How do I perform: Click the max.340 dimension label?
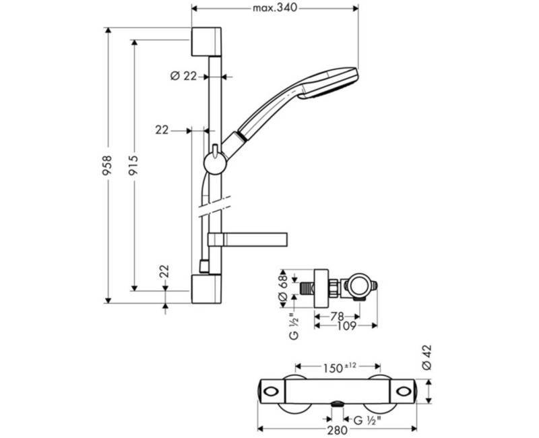click(x=275, y=7)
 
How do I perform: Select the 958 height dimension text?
click(x=108, y=166)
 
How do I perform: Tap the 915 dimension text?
click(x=133, y=165)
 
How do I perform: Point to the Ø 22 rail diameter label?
click(x=183, y=76)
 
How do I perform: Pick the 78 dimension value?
click(x=338, y=316)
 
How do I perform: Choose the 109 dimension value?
click(x=346, y=325)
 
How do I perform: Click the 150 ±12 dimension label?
click(x=339, y=367)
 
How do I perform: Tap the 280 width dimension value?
click(x=337, y=430)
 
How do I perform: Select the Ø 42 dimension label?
click(x=426, y=358)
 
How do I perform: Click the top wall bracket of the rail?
click(x=206, y=41)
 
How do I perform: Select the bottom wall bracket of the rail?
click(x=206, y=289)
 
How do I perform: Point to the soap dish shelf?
click(x=247, y=240)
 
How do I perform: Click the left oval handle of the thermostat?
click(x=272, y=392)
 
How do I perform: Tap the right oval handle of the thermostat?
click(x=403, y=392)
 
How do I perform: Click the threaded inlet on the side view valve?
click(x=307, y=288)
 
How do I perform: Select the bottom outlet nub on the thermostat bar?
click(x=338, y=404)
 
